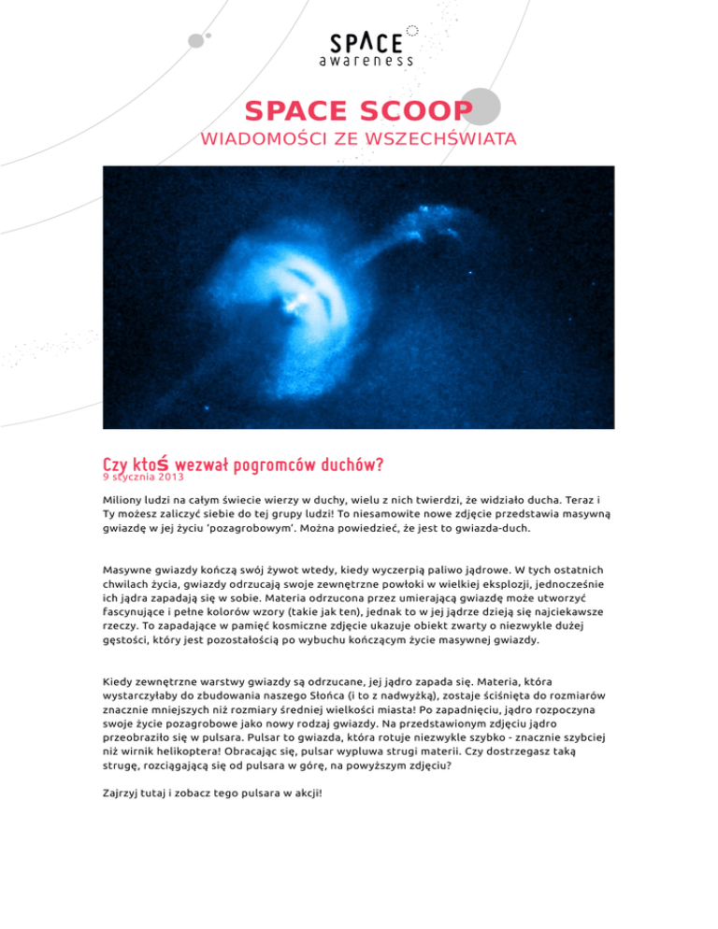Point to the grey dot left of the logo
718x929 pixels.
pyautogui.click(x=195, y=39)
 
